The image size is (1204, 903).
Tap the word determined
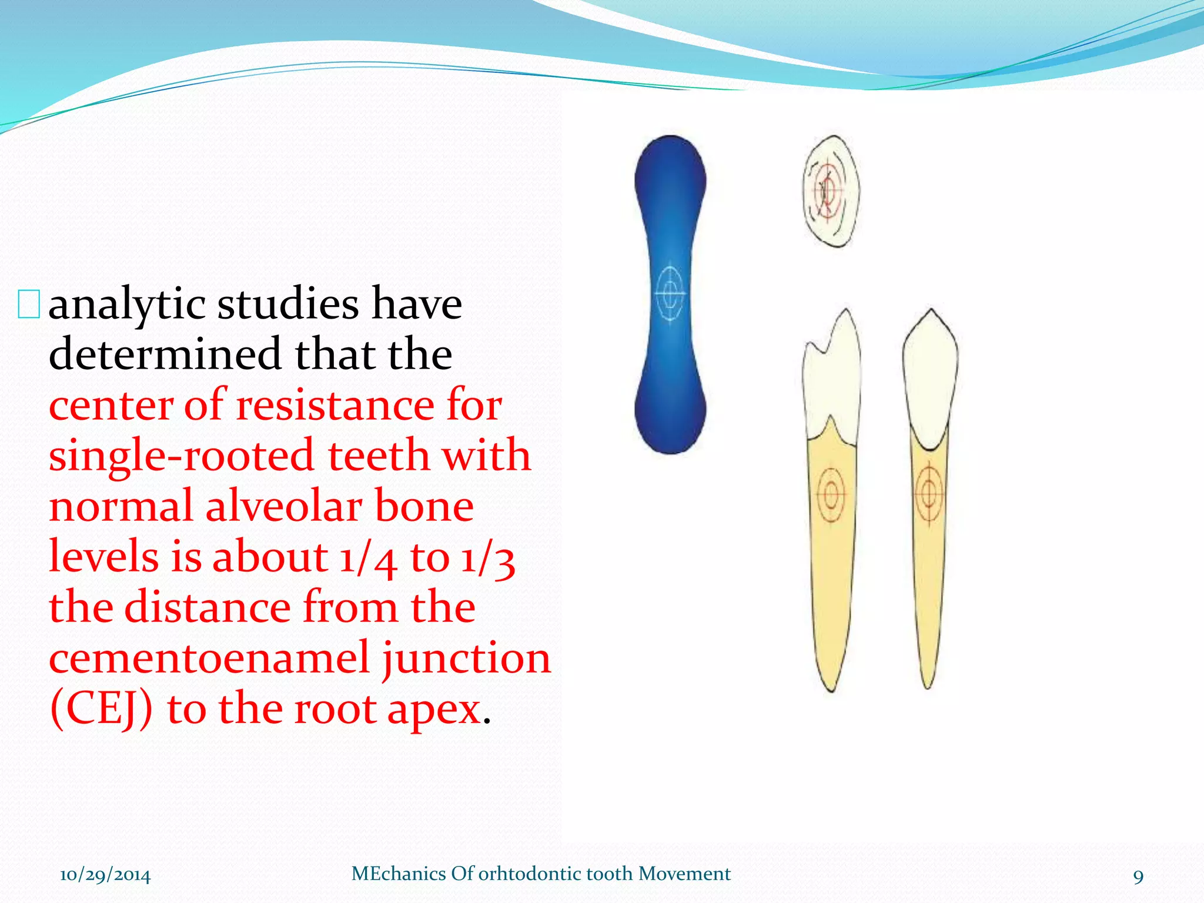click(165, 354)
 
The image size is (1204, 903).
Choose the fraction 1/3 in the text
click(488, 558)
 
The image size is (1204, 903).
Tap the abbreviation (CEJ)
click(101, 710)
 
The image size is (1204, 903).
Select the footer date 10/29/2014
click(105, 875)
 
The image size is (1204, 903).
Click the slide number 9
click(1138, 877)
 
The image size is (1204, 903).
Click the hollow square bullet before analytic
click(28, 305)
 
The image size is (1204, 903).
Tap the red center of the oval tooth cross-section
click(827, 190)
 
